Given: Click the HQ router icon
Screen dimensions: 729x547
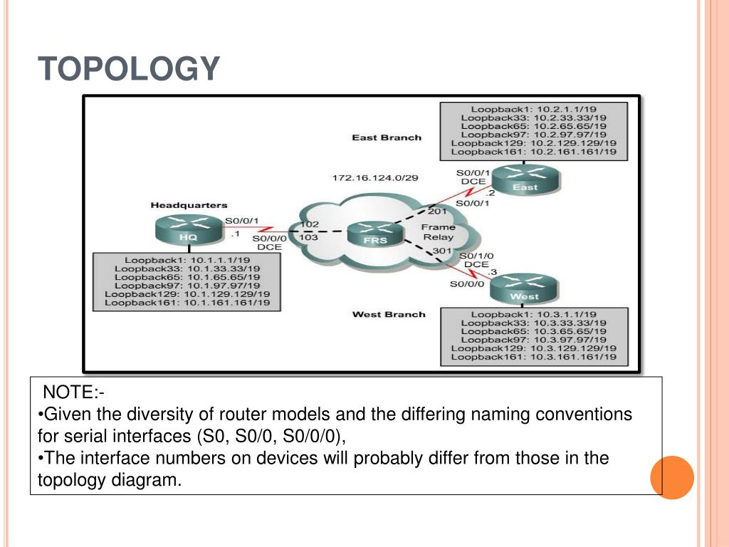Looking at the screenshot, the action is (189, 229).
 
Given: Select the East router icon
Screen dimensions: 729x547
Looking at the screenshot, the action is (526, 179).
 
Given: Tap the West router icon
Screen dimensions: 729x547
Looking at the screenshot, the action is (524, 288).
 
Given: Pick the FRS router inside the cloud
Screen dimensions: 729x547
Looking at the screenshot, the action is (375, 234).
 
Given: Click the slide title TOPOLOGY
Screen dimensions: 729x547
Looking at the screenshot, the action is (129, 68).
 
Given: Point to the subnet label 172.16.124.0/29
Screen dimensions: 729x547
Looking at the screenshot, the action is (375, 177).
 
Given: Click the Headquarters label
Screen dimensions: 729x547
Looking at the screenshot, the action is (189, 205).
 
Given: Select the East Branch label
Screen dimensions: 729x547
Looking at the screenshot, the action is (387, 137).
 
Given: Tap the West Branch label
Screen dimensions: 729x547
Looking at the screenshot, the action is (389, 314).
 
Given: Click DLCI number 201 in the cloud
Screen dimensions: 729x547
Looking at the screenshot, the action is (437, 211).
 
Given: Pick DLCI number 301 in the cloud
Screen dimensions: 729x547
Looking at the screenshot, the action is (442, 251).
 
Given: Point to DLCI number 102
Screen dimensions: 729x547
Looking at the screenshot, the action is (309, 224).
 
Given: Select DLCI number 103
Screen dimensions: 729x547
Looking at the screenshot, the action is (308, 237).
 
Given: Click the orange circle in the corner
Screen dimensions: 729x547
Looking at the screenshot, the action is (672, 478).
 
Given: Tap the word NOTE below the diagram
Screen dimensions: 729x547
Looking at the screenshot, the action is (70, 392).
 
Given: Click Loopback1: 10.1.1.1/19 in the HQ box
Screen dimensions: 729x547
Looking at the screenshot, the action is (187, 261).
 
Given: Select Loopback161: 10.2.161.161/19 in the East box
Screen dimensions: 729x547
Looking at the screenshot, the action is (534, 152).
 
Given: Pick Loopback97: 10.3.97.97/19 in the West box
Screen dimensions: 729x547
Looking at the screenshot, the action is (534, 340).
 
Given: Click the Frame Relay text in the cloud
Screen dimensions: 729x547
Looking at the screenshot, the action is (438, 232).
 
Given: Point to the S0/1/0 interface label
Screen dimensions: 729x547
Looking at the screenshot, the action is (476, 256).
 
